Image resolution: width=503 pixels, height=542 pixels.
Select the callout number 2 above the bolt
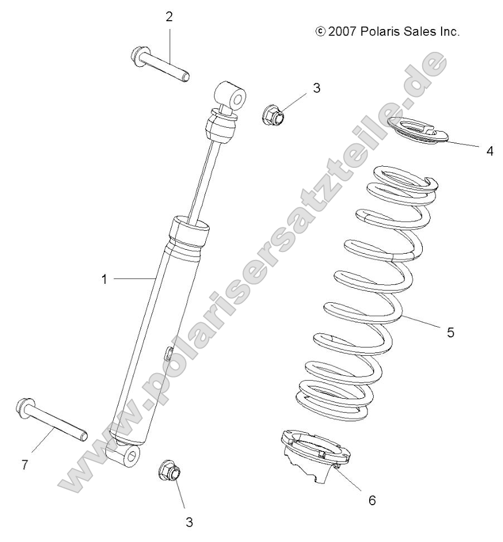(169, 17)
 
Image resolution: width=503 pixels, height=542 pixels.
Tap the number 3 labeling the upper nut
(316, 88)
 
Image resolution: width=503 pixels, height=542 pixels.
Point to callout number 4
(489, 151)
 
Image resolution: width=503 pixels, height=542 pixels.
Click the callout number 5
(450, 332)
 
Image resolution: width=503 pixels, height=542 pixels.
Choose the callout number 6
(372, 500)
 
